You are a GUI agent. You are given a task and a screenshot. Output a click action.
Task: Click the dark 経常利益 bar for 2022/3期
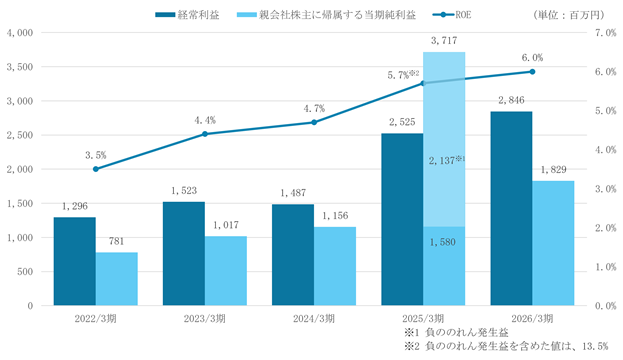pyautogui.click(x=75, y=261)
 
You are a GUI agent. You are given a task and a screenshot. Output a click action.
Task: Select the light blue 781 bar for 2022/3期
pyautogui.click(x=116, y=279)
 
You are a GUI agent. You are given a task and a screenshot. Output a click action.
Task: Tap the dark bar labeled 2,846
pyautogui.click(x=511, y=208)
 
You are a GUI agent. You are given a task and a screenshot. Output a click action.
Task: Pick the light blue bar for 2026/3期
pyautogui.click(x=553, y=243)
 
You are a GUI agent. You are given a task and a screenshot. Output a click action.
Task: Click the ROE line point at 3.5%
pyautogui.click(x=96, y=169)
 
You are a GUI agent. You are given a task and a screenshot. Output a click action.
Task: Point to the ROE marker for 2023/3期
pyautogui.click(x=205, y=134)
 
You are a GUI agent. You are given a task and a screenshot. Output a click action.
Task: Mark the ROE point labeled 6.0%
pyautogui.click(x=532, y=72)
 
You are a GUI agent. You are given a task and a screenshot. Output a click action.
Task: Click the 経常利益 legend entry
pyautogui.click(x=187, y=15)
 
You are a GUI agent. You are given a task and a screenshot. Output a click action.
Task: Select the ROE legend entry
pyautogui.click(x=452, y=15)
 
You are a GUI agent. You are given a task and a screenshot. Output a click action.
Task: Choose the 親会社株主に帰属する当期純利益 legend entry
pyautogui.click(x=326, y=15)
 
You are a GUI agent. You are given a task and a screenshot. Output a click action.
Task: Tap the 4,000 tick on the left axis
pyautogui.click(x=20, y=33)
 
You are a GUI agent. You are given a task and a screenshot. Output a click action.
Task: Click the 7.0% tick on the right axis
pyautogui.click(x=605, y=33)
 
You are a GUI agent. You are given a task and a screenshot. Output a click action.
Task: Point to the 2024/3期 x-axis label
pyautogui.click(x=314, y=319)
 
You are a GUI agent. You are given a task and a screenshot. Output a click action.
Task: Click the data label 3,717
pyautogui.click(x=444, y=41)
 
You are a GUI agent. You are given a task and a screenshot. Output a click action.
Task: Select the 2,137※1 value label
pyautogui.click(x=447, y=160)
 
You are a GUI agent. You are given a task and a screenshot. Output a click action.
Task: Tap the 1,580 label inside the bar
pyautogui.click(x=443, y=242)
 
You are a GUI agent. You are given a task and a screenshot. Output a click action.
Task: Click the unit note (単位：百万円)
pyautogui.click(x=569, y=15)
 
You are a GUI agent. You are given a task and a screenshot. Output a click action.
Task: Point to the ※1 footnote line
pyautogui.click(x=456, y=332)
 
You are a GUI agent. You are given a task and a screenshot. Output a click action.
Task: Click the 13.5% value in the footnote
pyautogui.click(x=595, y=346)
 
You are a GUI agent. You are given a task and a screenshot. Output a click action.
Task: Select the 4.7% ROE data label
pyautogui.click(x=314, y=108)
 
